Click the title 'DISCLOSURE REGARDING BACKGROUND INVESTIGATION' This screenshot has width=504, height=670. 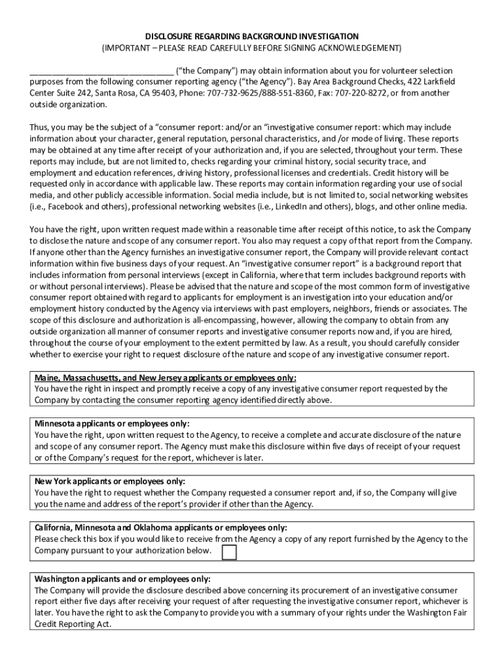point(251,37)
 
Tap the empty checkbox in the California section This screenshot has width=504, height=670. point(229,553)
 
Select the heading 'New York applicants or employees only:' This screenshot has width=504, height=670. point(110,481)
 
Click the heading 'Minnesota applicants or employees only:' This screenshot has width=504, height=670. point(112,423)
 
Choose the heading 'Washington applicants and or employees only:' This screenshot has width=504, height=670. point(122,579)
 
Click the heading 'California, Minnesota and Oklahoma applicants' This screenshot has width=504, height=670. point(160,527)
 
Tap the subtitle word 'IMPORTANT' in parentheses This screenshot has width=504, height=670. point(124,48)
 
